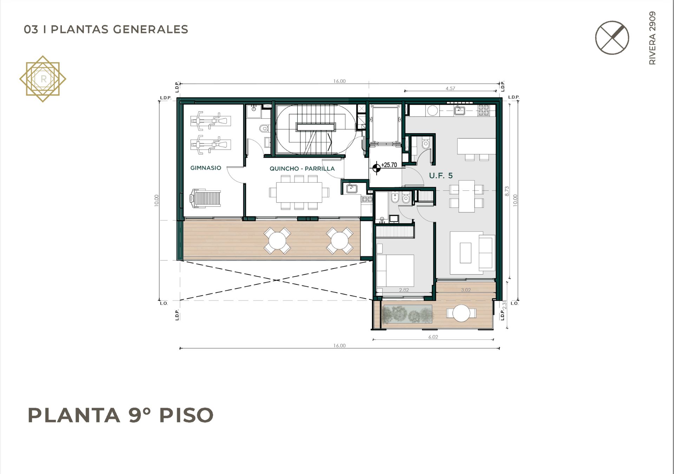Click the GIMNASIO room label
click(206, 168)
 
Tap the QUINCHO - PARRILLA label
click(302, 169)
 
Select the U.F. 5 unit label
click(441, 176)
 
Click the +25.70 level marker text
click(389, 165)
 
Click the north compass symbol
click(612, 38)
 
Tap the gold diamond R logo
click(43, 79)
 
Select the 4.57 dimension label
click(450, 88)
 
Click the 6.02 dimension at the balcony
click(433, 337)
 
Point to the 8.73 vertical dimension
click(507, 191)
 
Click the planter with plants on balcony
click(408, 314)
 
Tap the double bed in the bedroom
click(395, 270)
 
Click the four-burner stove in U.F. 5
click(484, 110)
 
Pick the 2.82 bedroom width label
click(404, 290)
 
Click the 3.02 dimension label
click(466, 290)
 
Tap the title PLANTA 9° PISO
click(120, 415)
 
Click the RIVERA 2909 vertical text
click(652, 38)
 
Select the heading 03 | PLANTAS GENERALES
click(106, 29)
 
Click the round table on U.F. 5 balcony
click(461, 313)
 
